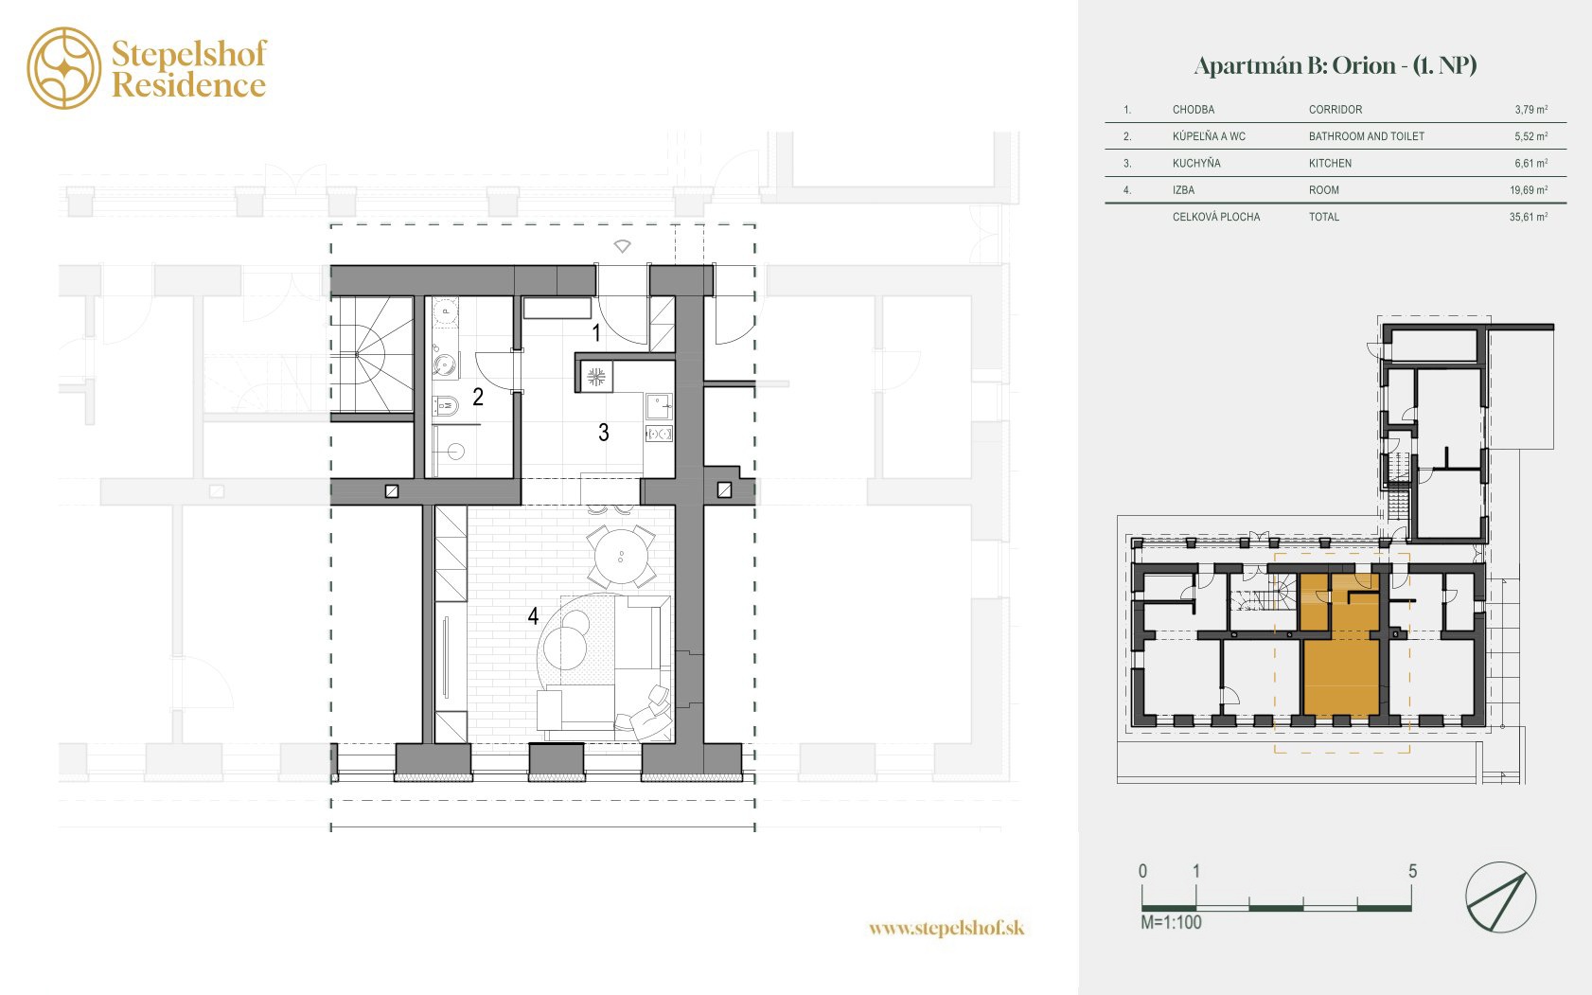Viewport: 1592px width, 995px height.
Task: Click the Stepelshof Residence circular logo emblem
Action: tap(64, 68)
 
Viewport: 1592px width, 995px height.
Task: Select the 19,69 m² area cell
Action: tap(1529, 189)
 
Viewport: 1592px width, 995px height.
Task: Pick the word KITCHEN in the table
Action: tap(1331, 163)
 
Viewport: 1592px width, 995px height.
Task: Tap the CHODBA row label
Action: tap(1194, 110)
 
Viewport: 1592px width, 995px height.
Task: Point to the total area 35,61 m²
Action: tap(1529, 217)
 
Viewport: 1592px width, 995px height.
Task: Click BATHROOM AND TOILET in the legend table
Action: tap(1367, 136)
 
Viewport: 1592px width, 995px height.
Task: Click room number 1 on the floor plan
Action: tap(596, 332)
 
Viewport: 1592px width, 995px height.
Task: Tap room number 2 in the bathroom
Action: tap(478, 397)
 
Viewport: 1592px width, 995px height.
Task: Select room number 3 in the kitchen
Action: tap(604, 432)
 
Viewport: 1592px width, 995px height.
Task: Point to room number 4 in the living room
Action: tap(533, 615)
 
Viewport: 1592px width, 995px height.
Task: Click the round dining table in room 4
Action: tap(621, 557)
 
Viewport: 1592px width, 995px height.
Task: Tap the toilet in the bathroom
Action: tap(446, 406)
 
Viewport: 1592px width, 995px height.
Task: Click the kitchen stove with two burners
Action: tap(659, 433)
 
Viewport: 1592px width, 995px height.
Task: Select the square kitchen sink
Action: tap(659, 406)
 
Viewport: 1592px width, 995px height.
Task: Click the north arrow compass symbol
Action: tap(1500, 897)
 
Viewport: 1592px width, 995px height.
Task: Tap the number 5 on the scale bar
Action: tap(1412, 871)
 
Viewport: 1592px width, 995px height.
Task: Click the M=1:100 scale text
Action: tap(1171, 922)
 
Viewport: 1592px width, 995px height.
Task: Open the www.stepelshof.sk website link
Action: tap(946, 928)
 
